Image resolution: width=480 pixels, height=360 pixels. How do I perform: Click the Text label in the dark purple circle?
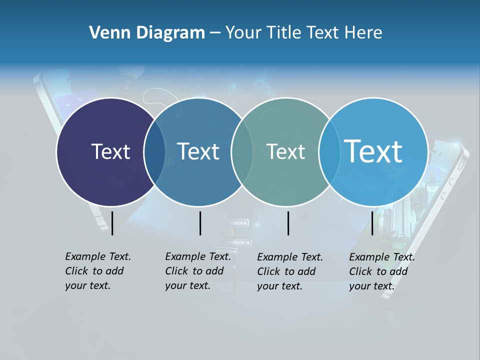(x=110, y=151)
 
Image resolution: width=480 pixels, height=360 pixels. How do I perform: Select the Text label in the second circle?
(x=198, y=151)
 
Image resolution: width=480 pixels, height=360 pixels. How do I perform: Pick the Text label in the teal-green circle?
(x=285, y=151)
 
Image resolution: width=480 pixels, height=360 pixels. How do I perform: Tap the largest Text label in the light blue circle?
(x=373, y=151)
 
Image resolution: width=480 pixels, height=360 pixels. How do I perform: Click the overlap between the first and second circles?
(x=154, y=151)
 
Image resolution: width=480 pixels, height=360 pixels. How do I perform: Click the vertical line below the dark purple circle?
(x=112, y=223)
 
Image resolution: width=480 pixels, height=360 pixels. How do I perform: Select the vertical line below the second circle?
(x=200, y=223)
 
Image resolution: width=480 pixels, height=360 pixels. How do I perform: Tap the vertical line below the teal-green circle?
(x=288, y=223)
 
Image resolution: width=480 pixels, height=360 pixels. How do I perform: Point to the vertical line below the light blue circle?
(x=372, y=223)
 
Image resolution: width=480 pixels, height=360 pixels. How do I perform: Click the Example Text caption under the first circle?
(x=97, y=271)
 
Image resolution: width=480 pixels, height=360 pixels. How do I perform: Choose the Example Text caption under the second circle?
(x=197, y=271)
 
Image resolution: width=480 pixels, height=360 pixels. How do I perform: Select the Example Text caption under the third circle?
(x=289, y=271)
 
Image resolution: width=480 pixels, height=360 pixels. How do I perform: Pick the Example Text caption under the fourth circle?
(x=381, y=271)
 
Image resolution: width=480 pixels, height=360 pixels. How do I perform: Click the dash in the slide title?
(x=215, y=33)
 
